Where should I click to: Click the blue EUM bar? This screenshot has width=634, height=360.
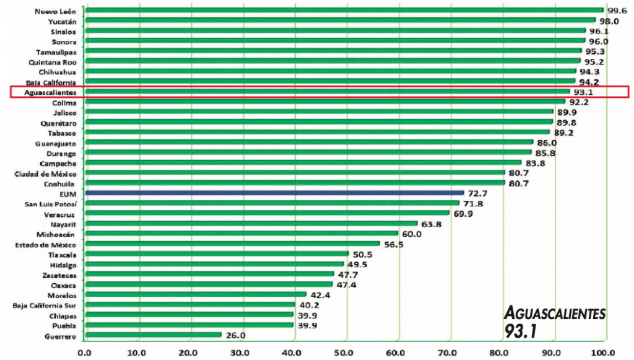tap(274, 193)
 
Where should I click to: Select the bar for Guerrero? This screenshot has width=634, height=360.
tap(153, 335)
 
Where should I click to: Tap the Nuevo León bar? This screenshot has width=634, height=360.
tap(344, 11)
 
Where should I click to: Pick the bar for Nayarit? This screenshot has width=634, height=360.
tap(251, 224)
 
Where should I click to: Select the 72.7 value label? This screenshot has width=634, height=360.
tap(479, 194)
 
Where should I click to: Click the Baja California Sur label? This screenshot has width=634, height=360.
tap(45, 305)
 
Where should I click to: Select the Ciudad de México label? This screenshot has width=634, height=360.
tap(45, 174)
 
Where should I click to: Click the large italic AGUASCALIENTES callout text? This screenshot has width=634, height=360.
tap(555, 313)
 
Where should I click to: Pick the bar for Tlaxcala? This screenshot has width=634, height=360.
tap(217, 254)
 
